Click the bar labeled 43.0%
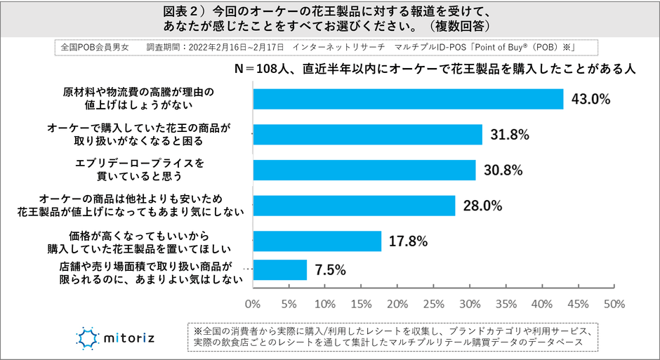[408, 99]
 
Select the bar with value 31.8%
[367, 134]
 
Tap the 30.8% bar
[364, 170]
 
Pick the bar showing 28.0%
[354, 206]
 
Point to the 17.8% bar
[317, 241]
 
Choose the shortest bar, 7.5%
[279, 269]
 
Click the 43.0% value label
[591, 99]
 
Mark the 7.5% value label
[330, 269]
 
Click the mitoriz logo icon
[90, 338]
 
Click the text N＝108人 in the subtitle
[262, 69]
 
